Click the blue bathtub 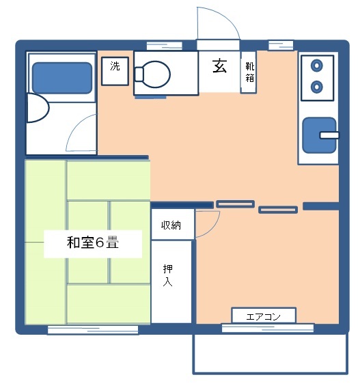(x=62, y=78)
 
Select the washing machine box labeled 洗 (x=115, y=71)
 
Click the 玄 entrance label (x=219, y=66)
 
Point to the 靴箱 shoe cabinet (x=249, y=72)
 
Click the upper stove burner (x=317, y=66)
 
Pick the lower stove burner (x=317, y=87)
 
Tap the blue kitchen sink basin (x=319, y=135)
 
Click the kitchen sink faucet (x=329, y=135)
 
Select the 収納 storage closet (x=173, y=225)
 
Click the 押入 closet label (x=168, y=275)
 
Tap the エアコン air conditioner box (x=264, y=316)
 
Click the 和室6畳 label (x=93, y=242)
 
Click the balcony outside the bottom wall (x=271, y=353)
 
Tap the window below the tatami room (x=93, y=330)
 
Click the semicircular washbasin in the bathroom (x=38, y=108)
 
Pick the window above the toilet (x=165, y=46)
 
